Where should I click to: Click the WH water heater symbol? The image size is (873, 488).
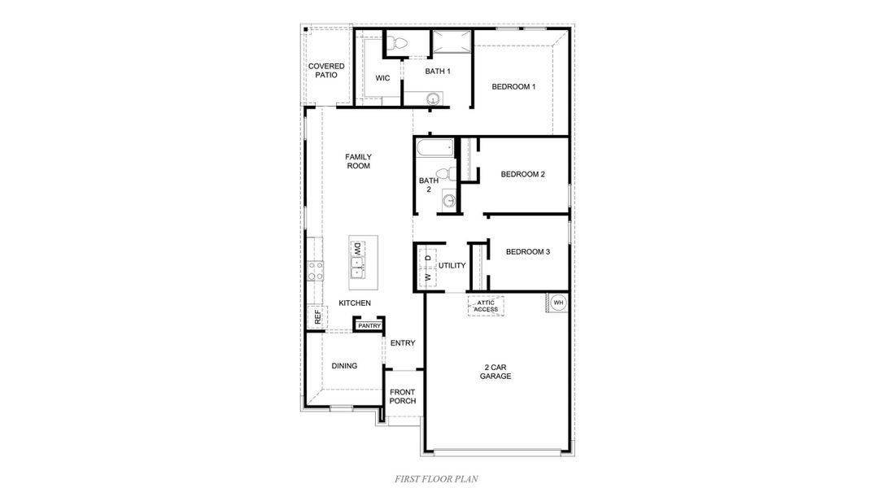(558, 303)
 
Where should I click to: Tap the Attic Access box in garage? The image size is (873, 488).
(486, 306)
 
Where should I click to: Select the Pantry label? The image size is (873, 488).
(369, 325)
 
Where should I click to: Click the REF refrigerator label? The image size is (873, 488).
(316, 317)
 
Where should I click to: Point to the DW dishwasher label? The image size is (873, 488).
(357, 246)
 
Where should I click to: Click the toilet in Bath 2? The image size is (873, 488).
(444, 173)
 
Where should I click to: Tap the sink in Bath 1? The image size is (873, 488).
(434, 99)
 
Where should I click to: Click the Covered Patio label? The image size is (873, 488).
(325, 70)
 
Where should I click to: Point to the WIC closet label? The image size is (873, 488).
(382, 78)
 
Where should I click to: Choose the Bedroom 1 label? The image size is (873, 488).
(514, 86)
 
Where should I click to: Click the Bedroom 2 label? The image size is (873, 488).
(522, 173)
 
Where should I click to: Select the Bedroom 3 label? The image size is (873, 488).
(528, 252)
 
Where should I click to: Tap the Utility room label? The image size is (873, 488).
(452, 265)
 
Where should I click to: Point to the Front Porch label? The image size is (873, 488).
(403, 396)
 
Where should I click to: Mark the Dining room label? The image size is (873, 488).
(344, 366)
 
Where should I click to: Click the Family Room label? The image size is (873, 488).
(358, 161)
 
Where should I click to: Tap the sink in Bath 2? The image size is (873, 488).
(449, 200)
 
